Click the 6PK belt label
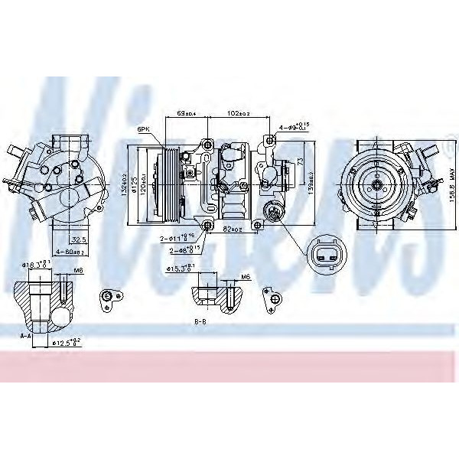point(143,129)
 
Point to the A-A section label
point(25,334)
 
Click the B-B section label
point(200,322)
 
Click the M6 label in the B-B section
point(245,276)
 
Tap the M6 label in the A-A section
point(80,270)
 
